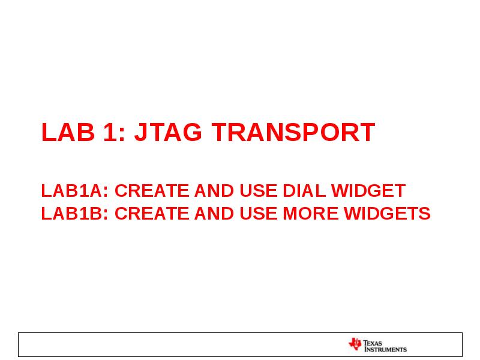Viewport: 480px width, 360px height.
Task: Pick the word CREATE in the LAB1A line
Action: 152,191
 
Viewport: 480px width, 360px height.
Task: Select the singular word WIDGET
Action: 368,191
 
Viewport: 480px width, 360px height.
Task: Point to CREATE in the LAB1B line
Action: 152,214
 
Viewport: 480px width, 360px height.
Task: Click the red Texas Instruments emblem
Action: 355,344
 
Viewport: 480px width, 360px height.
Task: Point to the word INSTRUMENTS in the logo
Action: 385,349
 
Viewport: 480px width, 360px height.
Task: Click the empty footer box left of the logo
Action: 180,344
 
